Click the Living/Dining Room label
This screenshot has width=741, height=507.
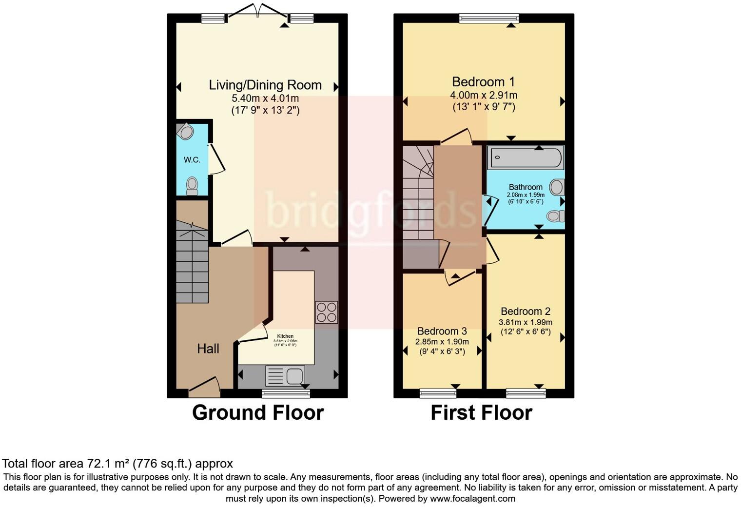(265, 85)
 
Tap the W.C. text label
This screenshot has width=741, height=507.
(192, 160)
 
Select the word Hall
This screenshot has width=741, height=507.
(208, 349)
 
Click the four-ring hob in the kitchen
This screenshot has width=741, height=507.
(327, 312)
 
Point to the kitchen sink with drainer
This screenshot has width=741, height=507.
(285, 376)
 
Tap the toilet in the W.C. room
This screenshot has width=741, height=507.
(193, 185)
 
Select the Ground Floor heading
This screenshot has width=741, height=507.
(258, 412)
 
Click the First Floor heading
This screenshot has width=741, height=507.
(481, 412)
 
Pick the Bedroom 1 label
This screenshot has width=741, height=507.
(483, 82)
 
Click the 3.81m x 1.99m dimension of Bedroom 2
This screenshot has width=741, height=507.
(526, 322)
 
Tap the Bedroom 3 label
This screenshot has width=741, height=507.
(442, 331)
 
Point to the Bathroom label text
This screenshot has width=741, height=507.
(526, 187)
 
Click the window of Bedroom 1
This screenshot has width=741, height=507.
(489, 19)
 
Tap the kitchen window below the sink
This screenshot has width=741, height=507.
(286, 393)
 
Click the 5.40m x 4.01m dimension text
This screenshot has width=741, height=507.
(265, 98)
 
